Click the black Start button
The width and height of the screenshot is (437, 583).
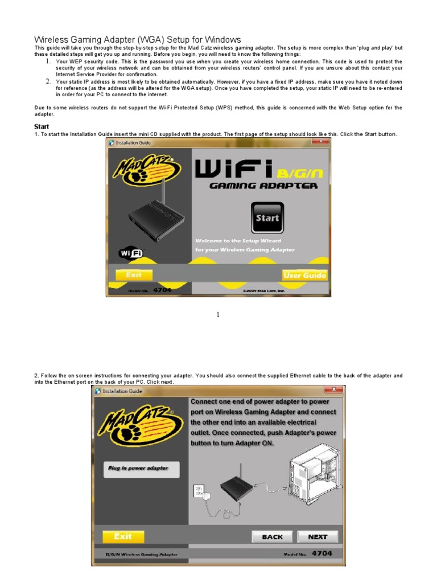click(x=267, y=217)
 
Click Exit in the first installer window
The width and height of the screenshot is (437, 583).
click(x=134, y=275)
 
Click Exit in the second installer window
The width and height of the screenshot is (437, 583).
click(x=123, y=536)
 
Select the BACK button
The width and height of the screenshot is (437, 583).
click(x=272, y=536)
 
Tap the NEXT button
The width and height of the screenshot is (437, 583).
click(x=318, y=536)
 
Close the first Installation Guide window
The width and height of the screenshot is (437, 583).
click(x=320, y=141)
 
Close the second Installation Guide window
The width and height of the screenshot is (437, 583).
click(x=334, y=389)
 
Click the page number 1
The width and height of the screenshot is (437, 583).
click(x=218, y=314)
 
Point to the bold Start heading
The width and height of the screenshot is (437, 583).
click(x=42, y=126)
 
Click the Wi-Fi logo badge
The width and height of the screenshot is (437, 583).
click(x=131, y=253)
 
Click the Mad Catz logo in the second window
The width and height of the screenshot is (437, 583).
click(x=139, y=425)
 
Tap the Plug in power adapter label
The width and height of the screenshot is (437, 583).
click(x=141, y=469)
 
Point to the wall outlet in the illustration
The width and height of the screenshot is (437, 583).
click(x=199, y=490)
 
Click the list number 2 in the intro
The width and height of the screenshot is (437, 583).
click(x=48, y=81)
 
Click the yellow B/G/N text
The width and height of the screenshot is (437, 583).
click(x=300, y=173)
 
